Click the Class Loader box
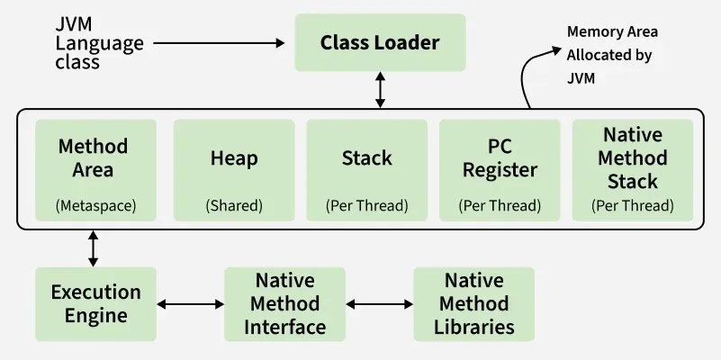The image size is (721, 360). pos(380,42)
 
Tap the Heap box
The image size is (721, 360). pos(234,170)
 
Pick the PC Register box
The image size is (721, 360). pos(500,170)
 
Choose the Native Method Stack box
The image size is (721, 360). pos(633,170)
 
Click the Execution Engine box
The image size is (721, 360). pos(95,303)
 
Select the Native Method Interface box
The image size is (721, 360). pos(284,303)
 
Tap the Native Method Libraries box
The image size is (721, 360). pos(473,303)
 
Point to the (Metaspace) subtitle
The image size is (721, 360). pos(95,206)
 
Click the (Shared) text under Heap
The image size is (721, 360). pos(234,206)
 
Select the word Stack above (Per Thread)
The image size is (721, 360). pos(366,158)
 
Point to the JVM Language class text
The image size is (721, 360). pos(87,42)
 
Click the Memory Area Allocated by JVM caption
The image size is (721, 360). pos(612,55)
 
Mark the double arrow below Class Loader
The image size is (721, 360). pos(380,90)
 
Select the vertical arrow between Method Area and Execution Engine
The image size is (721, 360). pos(94,247)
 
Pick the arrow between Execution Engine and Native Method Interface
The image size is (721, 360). pos(190,304)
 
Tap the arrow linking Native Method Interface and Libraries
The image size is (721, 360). pos(379,304)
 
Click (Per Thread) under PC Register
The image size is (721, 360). pos(500,206)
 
